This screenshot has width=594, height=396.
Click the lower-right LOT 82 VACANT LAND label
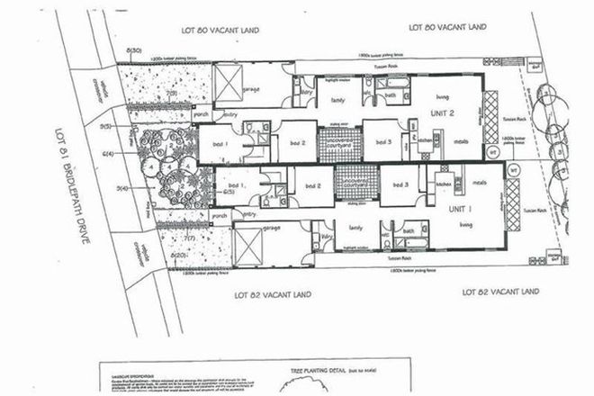(x=499, y=292)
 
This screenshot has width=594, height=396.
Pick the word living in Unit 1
(x=442, y=222)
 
